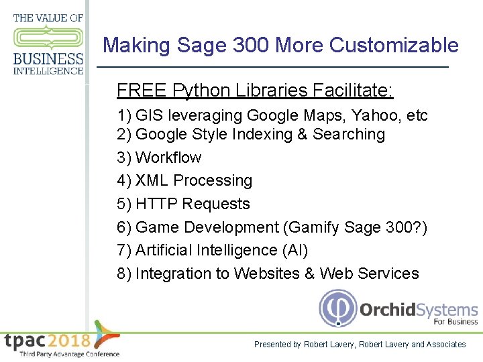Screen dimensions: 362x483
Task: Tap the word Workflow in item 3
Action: (x=168, y=158)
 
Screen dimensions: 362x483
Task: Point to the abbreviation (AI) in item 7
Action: (x=296, y=250)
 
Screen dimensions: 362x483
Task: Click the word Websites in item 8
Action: (x=254, y=274)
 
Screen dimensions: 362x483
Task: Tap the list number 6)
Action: (x=124, y=227)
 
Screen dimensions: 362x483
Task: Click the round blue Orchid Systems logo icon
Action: (x=337, y=308)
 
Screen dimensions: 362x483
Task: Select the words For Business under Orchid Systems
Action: (x=455, y=322)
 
